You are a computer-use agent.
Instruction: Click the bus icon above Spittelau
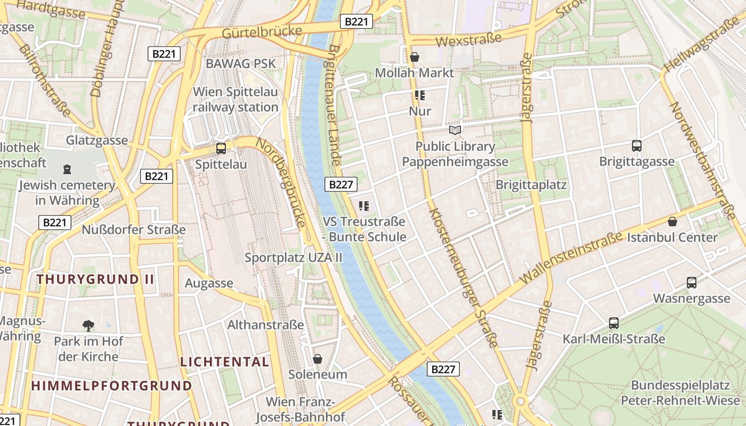pyautogui.click(x=221, y=149)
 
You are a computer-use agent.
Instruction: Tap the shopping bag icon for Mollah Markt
pyautogui.click(x=415, y=57)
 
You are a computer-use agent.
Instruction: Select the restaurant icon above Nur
pyautogui.click(x=419, y=95)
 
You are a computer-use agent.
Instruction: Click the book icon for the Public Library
pyautogui.click(x=455, y=130)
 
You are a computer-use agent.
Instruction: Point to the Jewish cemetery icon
pyautogui.click(x=67, y=169)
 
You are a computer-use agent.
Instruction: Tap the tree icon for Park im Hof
pyautogui.click(x=88, y=325)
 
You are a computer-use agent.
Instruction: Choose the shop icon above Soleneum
pyautogui.click(x=318, y=359)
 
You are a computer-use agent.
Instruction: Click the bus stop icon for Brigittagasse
pyautogui.click(x=636, y=145)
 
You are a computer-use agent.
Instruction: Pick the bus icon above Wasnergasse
pyautogui.click(x=691, y=283)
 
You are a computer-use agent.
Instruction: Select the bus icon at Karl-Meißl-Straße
pyautogui.click(x=614, y=323)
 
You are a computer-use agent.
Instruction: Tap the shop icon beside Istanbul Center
pyautogui.click(x=672, y=222)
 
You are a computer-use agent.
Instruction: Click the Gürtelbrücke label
pyautogui.click(x=262, y=32)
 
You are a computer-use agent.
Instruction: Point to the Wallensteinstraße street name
pyautogui.click(x=571, y=257)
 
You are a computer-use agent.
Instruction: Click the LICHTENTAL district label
pyautogui.click(x=224, y=362)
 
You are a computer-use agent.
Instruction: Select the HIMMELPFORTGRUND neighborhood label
pyautogui.click(x=111, y=386)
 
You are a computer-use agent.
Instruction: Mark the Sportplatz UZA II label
pyautogui.click(x=293, y=258)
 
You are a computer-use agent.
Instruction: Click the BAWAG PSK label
pyautogui.click(x=241, y=64)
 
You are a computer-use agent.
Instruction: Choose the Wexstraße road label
pyautogui.click(x=468, y=39)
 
